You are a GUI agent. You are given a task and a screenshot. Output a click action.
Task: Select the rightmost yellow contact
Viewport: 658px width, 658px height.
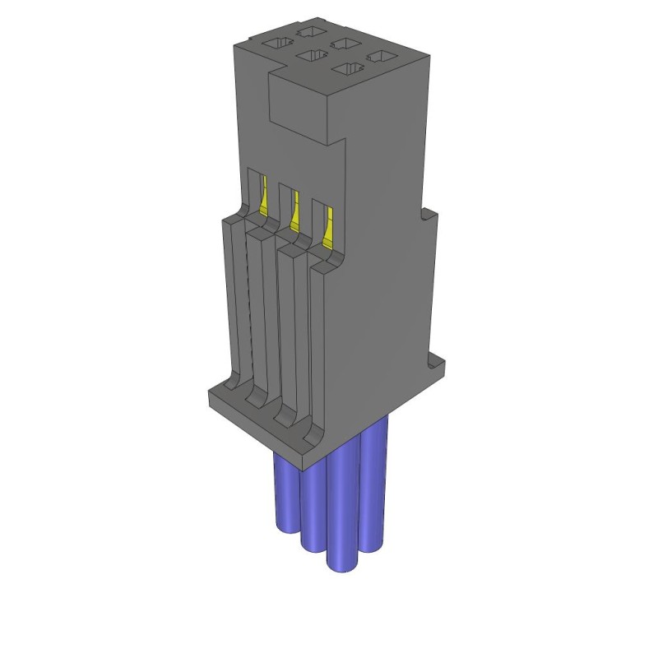click(x=327, y=225)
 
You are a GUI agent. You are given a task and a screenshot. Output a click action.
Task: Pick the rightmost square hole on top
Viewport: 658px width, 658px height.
click(x=378, y=57)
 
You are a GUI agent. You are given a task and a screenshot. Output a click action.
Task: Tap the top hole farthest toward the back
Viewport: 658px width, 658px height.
click(x=311, y=31)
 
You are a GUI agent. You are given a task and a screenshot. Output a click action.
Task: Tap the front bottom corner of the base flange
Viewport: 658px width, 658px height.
click(x=309, y=452)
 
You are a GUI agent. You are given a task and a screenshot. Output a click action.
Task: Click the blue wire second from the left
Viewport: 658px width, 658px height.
click(x=313, y=510)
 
